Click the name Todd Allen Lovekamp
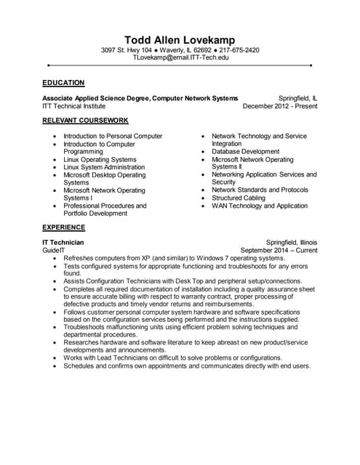180,39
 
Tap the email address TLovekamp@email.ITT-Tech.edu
180,57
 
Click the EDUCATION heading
63,83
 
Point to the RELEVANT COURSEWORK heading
85,120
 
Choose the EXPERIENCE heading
63,227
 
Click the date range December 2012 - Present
280,105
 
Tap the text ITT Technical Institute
74,105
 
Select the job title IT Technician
63,242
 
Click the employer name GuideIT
55,250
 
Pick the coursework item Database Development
245,152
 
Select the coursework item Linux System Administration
104,167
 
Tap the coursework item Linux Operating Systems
100,159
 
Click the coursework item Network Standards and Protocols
260,190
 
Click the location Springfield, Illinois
292,242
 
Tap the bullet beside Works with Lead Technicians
55,357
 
